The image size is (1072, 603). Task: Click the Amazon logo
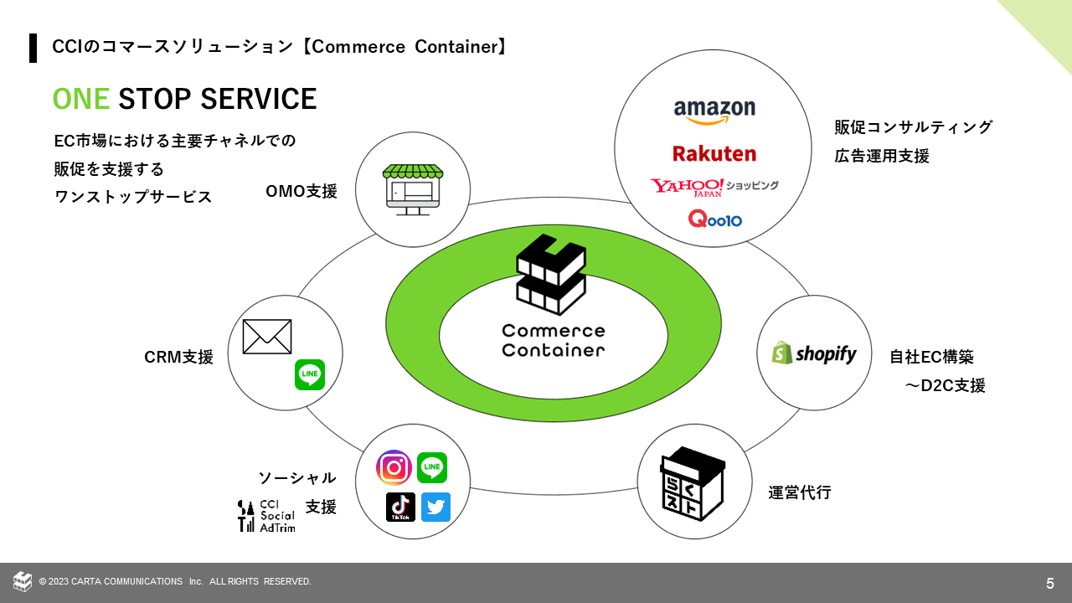pos(714,111)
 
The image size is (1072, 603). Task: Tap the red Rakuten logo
pos(714,153)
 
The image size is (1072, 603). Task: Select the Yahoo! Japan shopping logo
pos(714,186)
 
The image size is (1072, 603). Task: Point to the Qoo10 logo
pos(714,219)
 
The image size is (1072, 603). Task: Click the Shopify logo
pos(814,353)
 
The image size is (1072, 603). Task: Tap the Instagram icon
pos(394,467)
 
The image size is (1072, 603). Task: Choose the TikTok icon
pos(400,507)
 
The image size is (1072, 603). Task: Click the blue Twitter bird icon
pos(435,507)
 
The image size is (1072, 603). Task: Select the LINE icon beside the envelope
pos(310,374)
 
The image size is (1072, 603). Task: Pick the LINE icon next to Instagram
pos(432,467)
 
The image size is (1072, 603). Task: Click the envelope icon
pos(267,337)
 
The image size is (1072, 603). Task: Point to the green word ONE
pos(81,99)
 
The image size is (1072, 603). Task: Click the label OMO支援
pos(301,191)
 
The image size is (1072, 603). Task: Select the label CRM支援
pos(179,357)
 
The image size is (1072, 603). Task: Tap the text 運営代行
pos(800,492)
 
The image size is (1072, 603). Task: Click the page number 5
pos(1050,583)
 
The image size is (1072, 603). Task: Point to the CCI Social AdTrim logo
pos(266,516)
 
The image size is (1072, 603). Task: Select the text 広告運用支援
pos(882,156)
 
